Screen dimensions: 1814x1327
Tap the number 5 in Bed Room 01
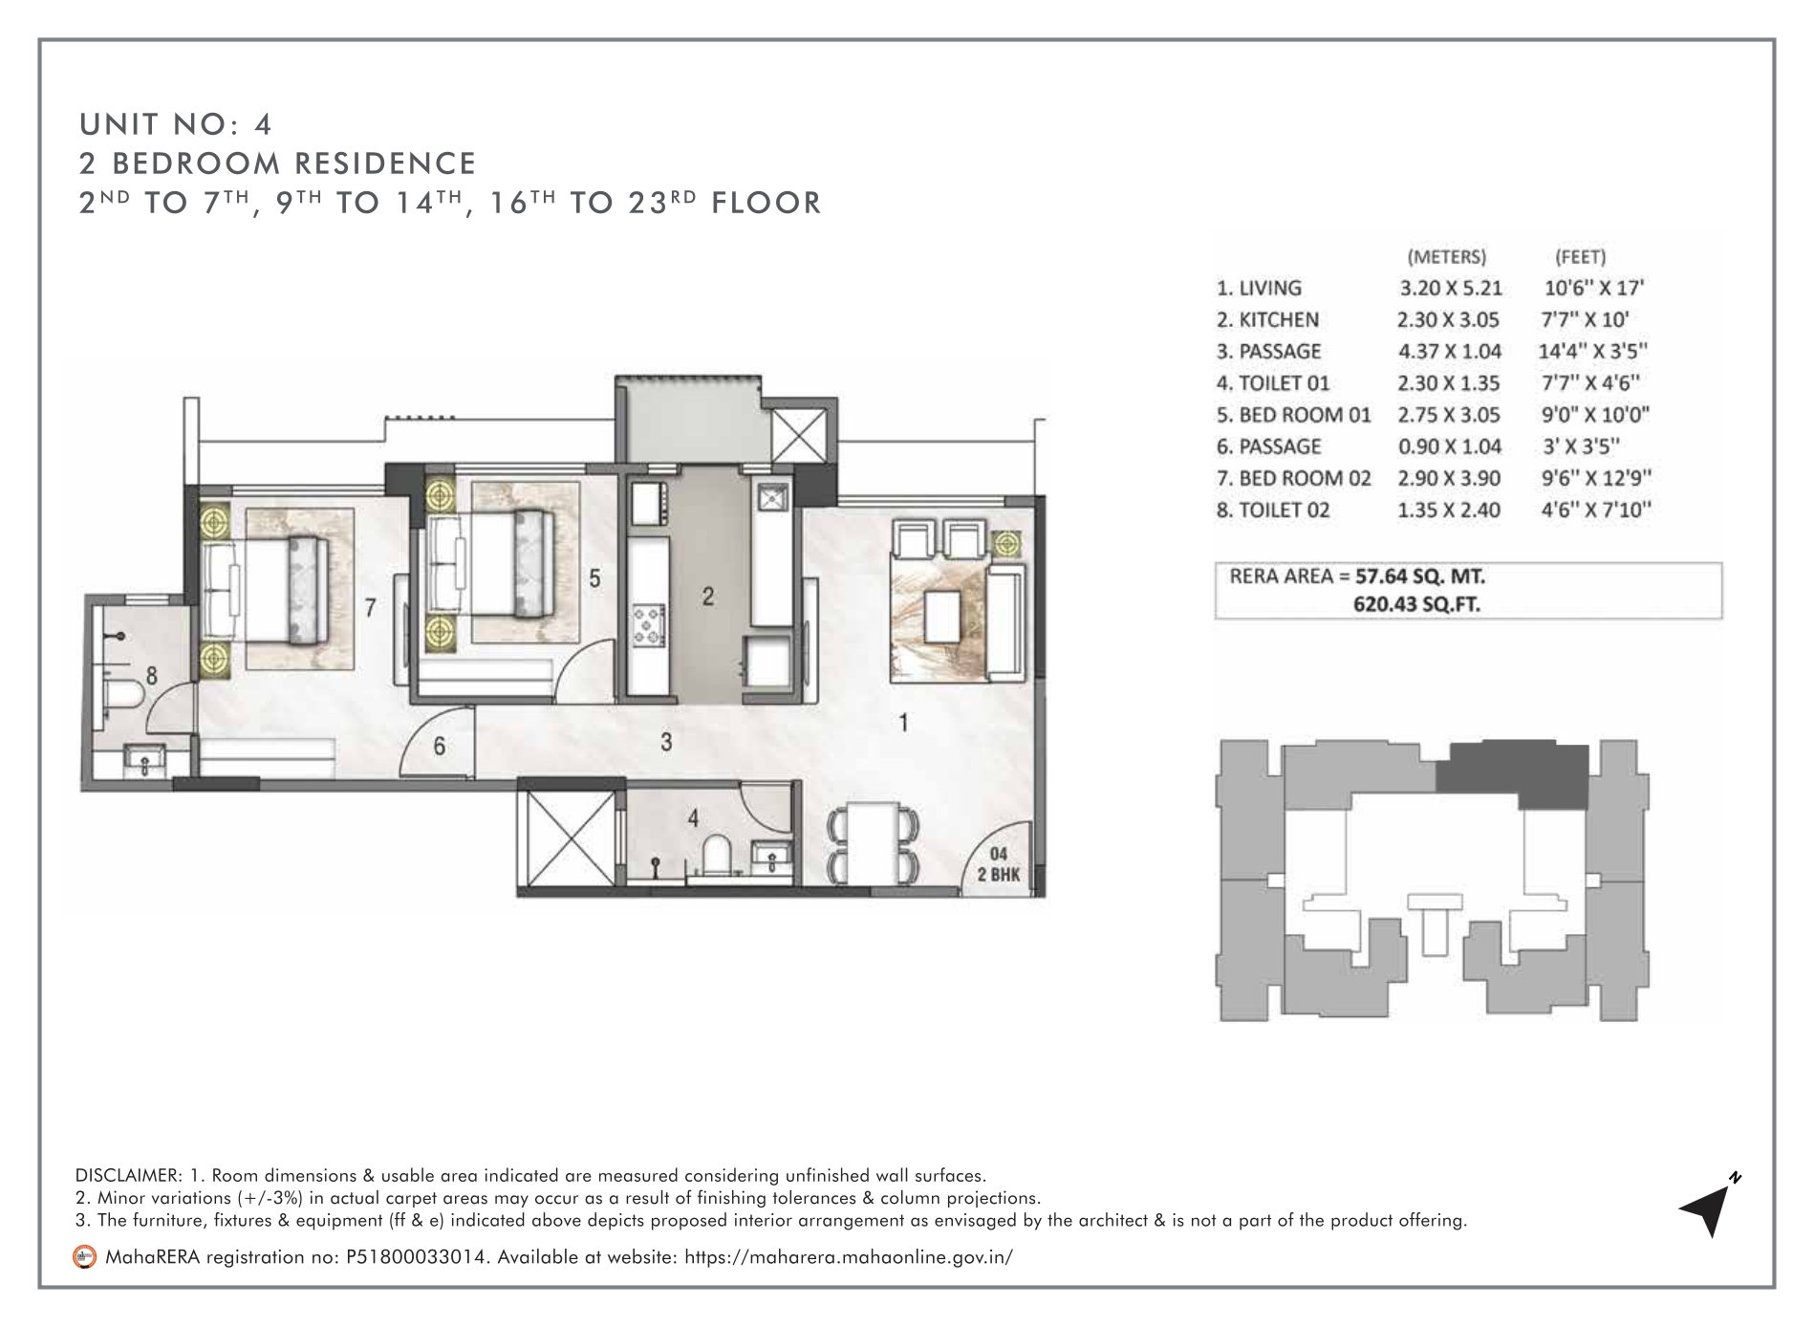pyautogui.click(x=594, y=578)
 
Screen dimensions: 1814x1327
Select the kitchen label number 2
pyautogui.click(x=707, y=597)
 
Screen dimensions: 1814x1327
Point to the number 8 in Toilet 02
pyautogui.click(x=151, y=676)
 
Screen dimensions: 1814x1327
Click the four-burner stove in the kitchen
pyautogui.click(x=648, y=623)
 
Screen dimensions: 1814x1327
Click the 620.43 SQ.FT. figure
pyautogui.click(x=1417, y=604)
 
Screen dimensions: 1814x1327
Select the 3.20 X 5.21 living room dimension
pyautogui.click(x=1451, y=288)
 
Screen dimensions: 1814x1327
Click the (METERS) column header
pyautogui.click(x=1447, y=256)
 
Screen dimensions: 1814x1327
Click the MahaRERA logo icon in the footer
pyautogui.click(x=85, y=1256)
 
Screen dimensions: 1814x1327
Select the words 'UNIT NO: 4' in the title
pyautogui.click(x=177, y=124)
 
